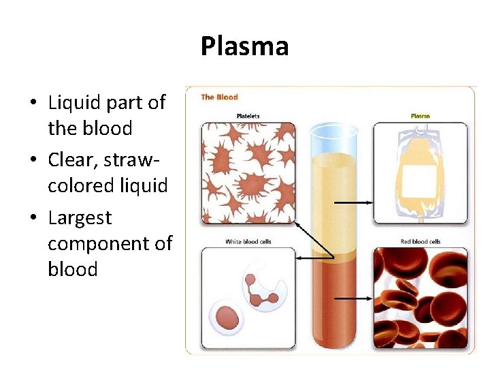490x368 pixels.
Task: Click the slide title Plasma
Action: click(x=244, y=46)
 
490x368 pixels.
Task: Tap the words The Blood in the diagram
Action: click(x=219, y=97)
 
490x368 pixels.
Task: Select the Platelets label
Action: click(x=248, y=117)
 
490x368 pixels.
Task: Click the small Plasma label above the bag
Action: click(x=420, y=116)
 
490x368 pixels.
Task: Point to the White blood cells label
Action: click(x=248, y=242)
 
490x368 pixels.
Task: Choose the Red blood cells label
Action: click(x=421, y=242)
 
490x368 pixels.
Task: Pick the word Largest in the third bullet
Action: click(x=80, y=218)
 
